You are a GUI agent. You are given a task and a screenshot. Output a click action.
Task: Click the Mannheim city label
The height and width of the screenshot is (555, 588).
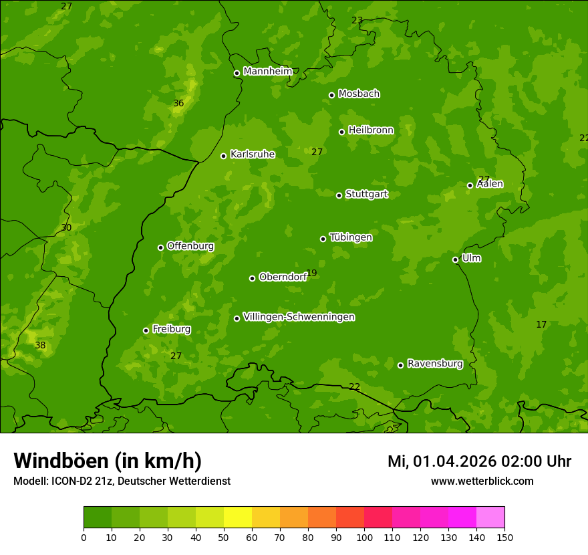(268, 72)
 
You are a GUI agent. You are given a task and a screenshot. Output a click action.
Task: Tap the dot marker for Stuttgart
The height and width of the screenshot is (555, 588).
(339, 195)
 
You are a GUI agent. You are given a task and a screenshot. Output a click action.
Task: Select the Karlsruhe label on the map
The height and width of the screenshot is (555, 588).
(253, 154)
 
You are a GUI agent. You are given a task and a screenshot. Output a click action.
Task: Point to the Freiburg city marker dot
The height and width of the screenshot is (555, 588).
(146, 330)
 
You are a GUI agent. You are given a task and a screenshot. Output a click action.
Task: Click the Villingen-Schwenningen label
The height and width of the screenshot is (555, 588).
(299, 317)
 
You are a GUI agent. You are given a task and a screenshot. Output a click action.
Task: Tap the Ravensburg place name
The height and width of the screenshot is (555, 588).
(435, 364)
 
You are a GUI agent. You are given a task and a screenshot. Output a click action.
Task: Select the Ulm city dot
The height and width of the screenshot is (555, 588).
(456, 259)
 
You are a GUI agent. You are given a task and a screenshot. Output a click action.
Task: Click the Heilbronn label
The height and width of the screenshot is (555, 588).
(371, 130)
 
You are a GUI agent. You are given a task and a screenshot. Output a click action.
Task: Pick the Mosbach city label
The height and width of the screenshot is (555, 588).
(359, 94)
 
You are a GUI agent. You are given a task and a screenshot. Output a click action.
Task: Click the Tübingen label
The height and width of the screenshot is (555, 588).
(351, 237)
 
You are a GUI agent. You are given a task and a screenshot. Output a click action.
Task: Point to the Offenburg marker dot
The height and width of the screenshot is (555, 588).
(160, 247)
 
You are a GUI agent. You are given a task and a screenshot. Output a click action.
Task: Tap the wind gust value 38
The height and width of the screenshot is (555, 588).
(41, 346)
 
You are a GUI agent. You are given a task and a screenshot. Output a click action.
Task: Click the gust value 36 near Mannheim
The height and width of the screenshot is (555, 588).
(178, 104)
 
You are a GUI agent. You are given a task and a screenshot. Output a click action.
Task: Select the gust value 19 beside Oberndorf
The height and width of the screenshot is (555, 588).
(311, 273)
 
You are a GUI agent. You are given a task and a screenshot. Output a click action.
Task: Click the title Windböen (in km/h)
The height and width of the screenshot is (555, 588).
(108, 461)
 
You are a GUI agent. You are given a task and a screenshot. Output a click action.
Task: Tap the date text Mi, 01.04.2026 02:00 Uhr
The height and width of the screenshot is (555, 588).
(479, 461)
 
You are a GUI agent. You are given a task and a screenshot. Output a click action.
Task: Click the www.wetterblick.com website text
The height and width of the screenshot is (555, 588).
(482, 481)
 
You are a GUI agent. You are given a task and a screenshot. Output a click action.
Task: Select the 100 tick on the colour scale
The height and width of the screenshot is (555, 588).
(364, 537)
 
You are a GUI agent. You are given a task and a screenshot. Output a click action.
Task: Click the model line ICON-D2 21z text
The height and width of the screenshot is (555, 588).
(122, 481)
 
